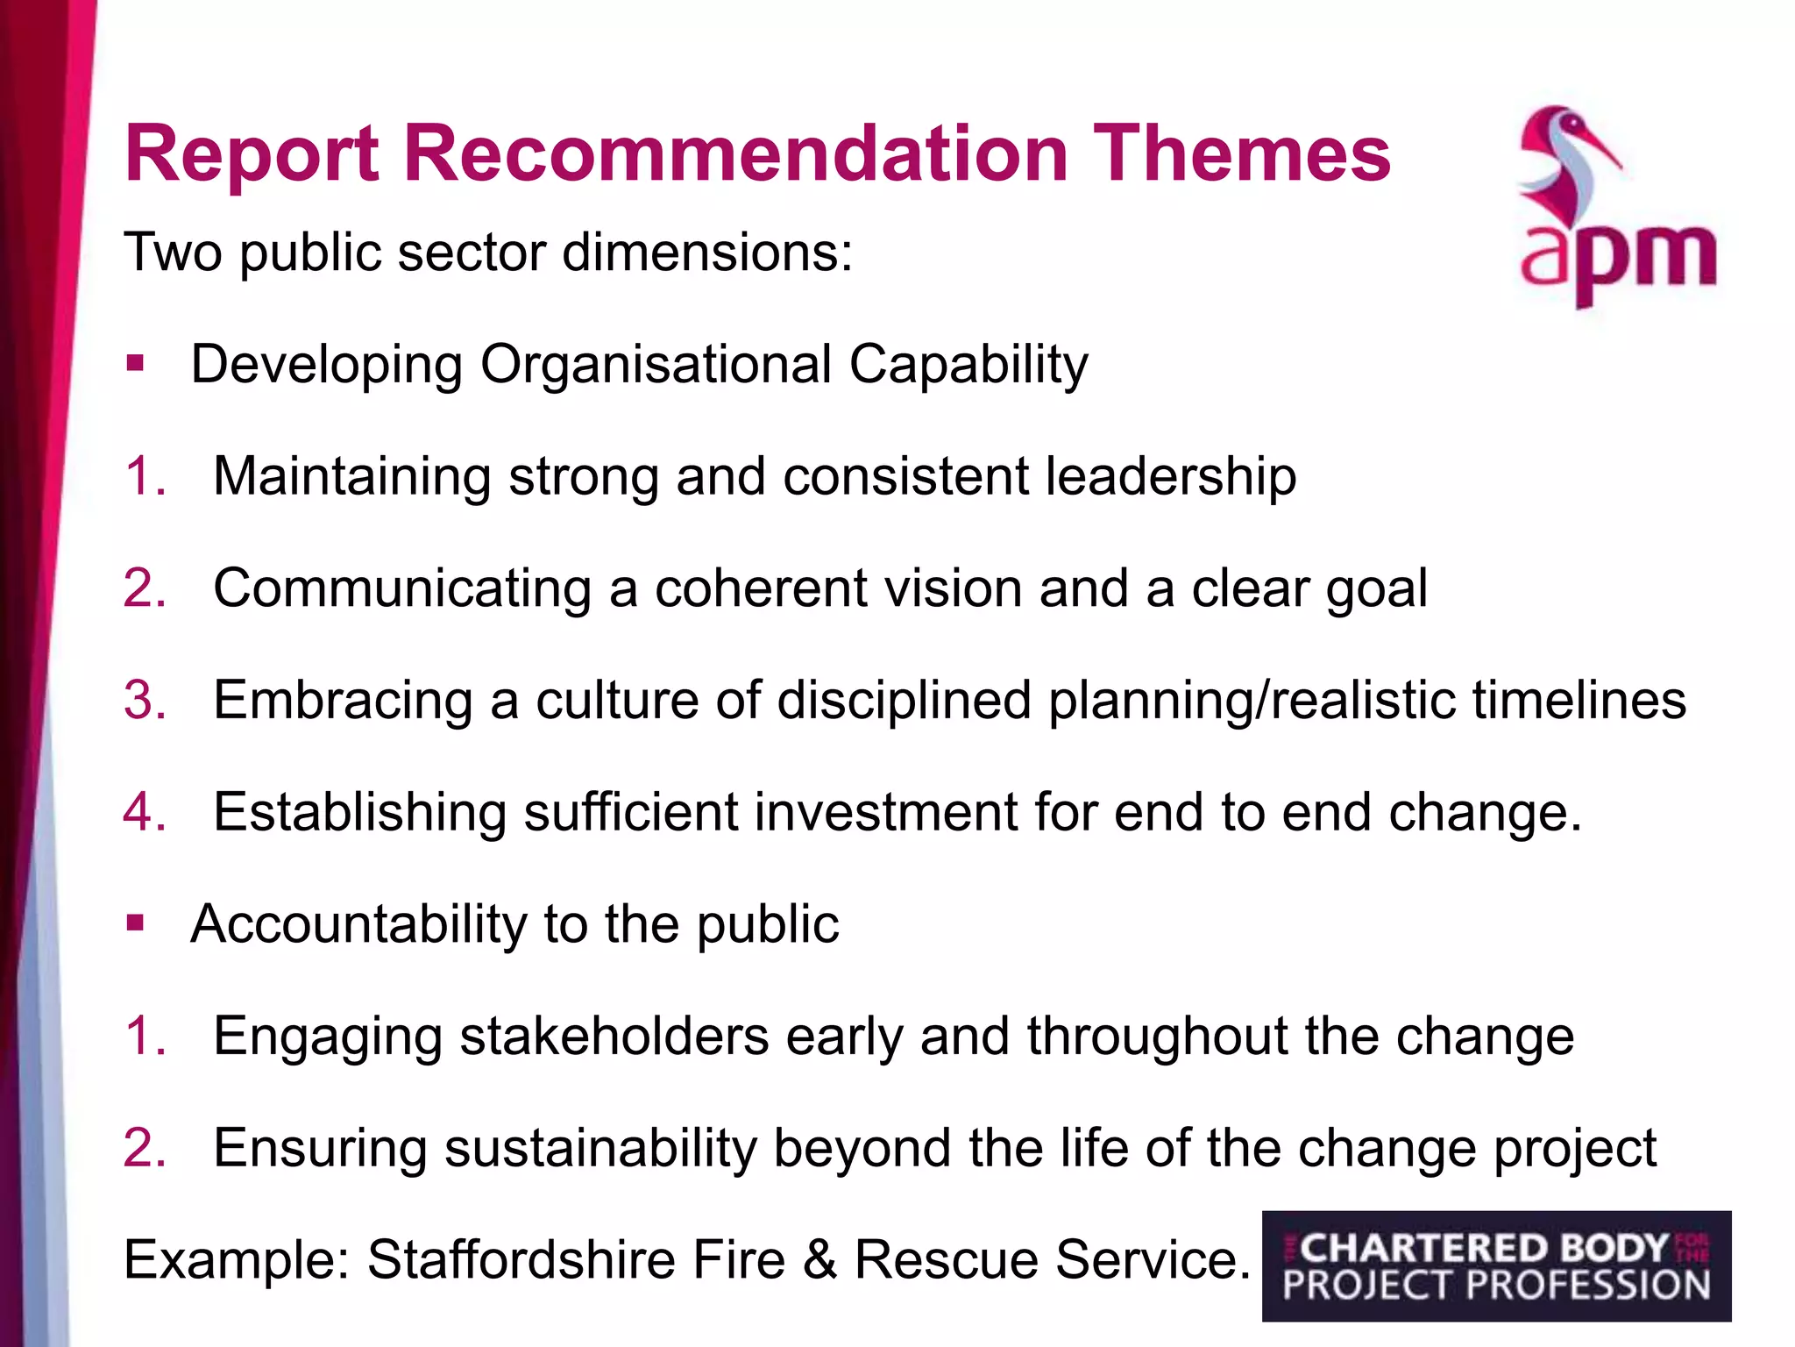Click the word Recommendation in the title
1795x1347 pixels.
click(734, 154)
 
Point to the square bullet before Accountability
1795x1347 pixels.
click(135, 923)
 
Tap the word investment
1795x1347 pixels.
click(885, 812)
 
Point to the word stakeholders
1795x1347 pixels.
click(614, 1036)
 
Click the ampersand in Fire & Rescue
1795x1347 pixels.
click(819, 1260)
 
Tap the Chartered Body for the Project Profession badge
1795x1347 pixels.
click(1496, 1266)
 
